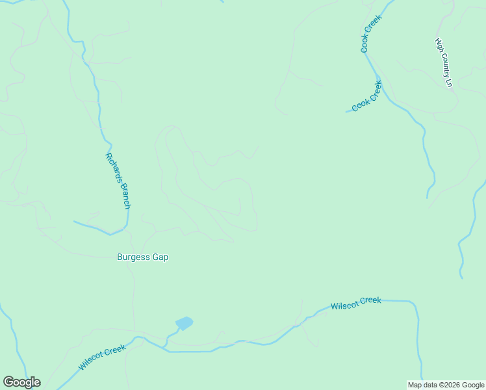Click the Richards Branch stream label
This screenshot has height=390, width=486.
pyautogui.click(x=118, y=181)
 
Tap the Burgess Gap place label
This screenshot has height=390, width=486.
pyautogui.click(x=142, y=257)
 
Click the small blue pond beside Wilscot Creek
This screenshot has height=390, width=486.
pyautogui.click(x=184, y=323)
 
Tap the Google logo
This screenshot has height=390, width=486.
pyautogui.click(x=21, y=382)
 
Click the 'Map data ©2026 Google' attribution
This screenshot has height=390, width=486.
pyautogui.click(x=446, y=385)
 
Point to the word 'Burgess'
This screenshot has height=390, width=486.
pyautogui.click(x=133, y=257)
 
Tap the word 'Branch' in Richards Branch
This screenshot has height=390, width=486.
pyautogui.click(x=123, y=194)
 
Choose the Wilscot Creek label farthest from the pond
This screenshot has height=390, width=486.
pyautogui.click(x=355, y=303)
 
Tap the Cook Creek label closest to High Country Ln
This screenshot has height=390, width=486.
pyautogui.click(x=371, y=34)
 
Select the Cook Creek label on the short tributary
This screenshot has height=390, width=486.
pyautogui.click(x=366, y=96)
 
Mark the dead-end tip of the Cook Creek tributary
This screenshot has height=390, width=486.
pyautogui.click(x=346, y=112)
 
